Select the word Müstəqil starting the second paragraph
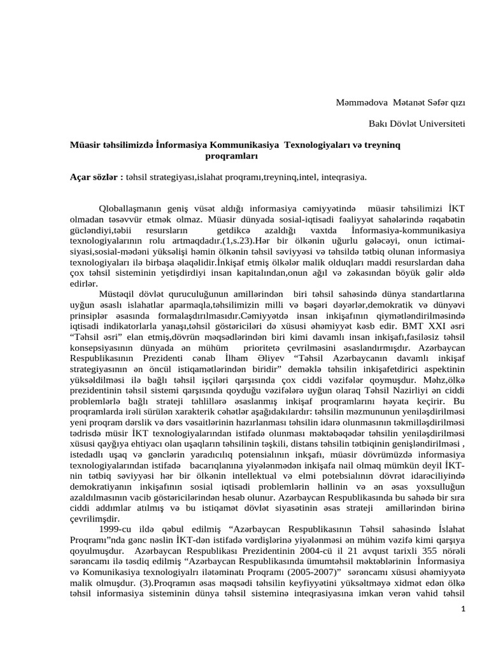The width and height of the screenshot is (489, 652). click(x=120, y=294)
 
